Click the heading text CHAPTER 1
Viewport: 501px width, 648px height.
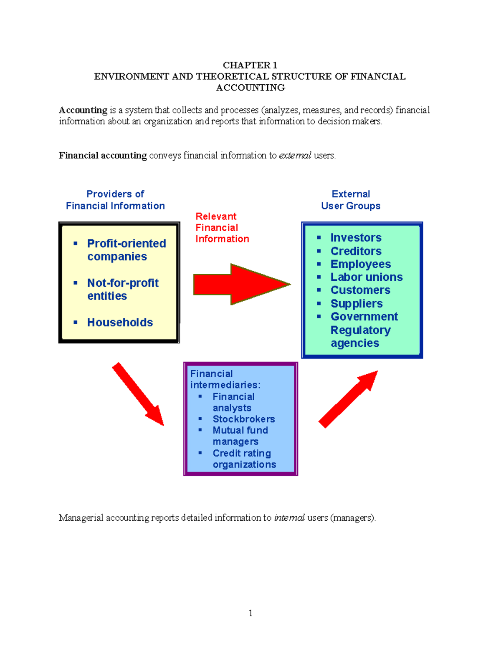click(250, 65)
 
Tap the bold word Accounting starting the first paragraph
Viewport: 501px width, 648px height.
click(83, 110)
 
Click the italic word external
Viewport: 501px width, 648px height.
click(295, 156)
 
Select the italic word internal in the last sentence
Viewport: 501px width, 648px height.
click(289, 518)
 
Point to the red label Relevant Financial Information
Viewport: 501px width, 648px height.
click(222, 228)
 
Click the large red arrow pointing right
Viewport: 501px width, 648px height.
click(241, 284)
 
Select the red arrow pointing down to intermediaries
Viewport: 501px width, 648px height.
click(138, 394)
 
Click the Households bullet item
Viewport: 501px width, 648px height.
click(120, 323)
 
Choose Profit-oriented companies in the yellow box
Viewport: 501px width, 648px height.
click(126, 250)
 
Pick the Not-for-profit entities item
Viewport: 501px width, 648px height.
click(122, 289)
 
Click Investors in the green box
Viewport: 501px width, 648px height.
click(356, 238)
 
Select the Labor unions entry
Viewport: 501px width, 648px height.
click(366, 277)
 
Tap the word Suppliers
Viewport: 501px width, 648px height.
click(357, 304)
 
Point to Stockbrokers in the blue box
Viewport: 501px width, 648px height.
click(243, 419)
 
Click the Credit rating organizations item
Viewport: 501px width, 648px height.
click(244, 459)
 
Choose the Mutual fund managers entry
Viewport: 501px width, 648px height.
click(240, 436)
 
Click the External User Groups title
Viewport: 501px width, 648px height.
click(351, 200)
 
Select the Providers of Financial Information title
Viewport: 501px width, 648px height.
click(115, 200)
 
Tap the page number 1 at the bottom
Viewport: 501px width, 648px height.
click(250, 613)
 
